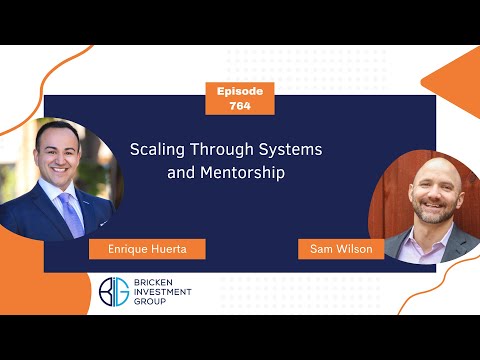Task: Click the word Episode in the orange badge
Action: tap(239, 90)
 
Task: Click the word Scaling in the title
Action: tap(157, 149)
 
